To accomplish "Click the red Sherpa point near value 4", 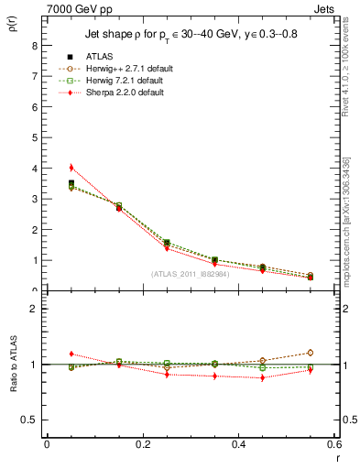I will [x=71, y=168].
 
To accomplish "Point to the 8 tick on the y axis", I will [x=33, y=45].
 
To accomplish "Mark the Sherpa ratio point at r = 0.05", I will [x=71, y=354].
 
